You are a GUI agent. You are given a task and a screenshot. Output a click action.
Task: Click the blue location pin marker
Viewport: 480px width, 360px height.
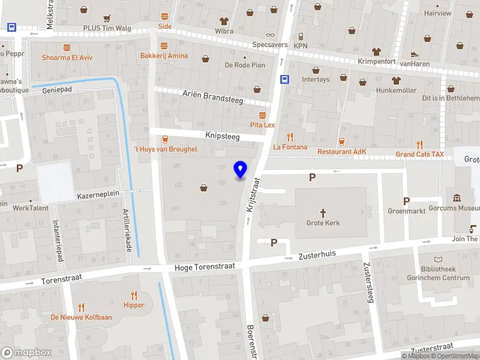[x=241, y=170]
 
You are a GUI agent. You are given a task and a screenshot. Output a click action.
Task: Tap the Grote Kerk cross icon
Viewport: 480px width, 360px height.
[x=323, y=212]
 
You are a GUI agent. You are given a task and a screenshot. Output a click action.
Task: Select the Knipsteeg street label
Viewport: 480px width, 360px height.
[x=223, y=137]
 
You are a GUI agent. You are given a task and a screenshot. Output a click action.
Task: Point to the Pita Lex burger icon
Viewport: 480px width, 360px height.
[x=262, y=115]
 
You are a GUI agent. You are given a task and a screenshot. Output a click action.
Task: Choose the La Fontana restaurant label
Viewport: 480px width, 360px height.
[x=290, y=147]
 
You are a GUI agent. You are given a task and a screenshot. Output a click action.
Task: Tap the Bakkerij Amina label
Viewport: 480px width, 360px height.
[x=164, y=56]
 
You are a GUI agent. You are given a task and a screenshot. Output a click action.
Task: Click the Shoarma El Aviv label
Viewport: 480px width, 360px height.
[x=67, y=58]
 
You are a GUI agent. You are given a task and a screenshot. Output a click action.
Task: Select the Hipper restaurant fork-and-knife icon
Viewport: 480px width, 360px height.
[x=134, y=295]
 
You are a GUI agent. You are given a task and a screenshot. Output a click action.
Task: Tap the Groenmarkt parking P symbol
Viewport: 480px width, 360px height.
[x=406, y=201]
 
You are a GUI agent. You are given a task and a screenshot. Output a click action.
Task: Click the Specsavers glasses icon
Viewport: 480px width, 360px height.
[x=270, y=34]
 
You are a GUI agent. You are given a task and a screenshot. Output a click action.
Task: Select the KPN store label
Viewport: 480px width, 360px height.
[x=301, y=46]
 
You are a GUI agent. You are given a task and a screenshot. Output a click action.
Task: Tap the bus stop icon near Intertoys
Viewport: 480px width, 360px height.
[x=284, y=79]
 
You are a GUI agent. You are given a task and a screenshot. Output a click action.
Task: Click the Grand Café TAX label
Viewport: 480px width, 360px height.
[x=420, y=154]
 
